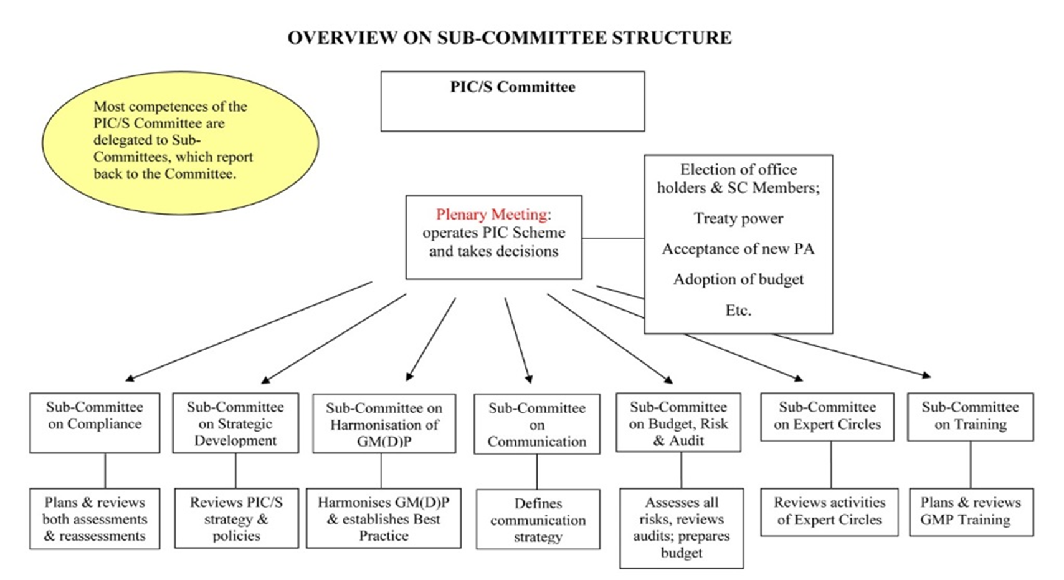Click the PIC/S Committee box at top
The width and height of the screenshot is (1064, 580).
512,101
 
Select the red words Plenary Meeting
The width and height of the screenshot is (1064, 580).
491,215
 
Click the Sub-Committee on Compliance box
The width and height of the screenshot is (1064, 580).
95,422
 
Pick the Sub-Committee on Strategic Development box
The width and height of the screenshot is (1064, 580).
235,423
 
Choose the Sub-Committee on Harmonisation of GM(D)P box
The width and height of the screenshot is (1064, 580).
384,424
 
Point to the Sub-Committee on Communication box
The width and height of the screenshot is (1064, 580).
536,424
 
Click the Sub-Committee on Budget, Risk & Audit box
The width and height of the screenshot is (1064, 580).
678,422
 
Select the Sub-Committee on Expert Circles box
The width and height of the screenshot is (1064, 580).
828,416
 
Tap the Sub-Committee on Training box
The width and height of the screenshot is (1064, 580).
970,416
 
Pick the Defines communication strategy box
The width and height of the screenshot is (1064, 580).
538,519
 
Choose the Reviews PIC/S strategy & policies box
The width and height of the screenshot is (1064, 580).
236,518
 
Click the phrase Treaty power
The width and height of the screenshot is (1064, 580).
738,218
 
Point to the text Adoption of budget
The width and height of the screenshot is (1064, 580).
738,279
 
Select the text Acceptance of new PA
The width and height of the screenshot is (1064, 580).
738,249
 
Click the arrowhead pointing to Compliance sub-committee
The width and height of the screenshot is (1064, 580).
129,378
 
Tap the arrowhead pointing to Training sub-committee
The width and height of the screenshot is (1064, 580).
927,375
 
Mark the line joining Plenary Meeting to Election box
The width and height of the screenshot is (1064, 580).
613,238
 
